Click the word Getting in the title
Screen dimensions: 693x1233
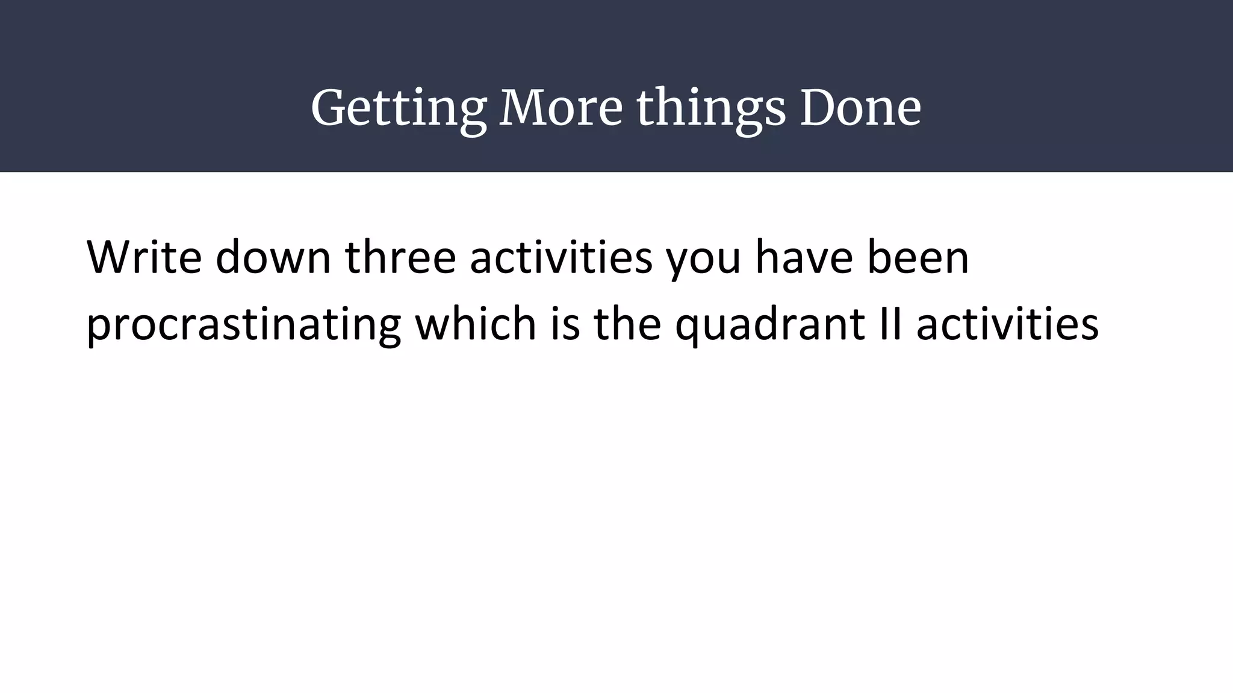point(398,109)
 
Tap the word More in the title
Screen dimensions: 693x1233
point(561,108)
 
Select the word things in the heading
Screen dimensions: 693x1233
point(711,109)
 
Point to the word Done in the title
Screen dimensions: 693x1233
point(860,108)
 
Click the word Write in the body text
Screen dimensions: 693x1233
point(144,257)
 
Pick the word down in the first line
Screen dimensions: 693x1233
point(273,257)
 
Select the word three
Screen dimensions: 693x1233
point(400,257)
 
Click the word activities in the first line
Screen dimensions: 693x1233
point(561,257)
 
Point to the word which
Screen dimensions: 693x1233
point(476,324)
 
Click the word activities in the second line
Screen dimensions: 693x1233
point(1007,324)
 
